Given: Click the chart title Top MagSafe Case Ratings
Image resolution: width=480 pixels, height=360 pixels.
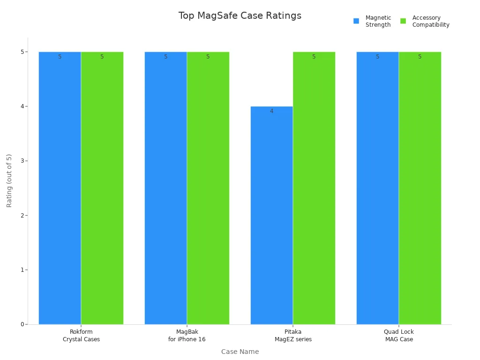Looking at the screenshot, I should coord(240,15).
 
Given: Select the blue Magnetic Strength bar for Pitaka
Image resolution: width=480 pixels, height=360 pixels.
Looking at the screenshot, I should coord(271,216).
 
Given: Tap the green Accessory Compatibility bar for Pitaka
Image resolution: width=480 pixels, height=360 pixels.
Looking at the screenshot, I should coord(314,187).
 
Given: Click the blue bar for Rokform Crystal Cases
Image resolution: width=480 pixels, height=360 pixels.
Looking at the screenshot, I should coord(60,187).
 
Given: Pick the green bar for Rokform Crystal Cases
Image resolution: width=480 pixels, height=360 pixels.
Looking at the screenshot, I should coord(102,187).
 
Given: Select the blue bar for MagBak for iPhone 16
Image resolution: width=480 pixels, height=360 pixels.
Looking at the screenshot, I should coord(165,187).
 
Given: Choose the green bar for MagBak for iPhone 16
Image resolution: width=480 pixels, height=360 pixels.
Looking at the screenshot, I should coord(208,187).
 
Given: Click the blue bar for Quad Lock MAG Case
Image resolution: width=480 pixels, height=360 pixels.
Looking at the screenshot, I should coord(377,187).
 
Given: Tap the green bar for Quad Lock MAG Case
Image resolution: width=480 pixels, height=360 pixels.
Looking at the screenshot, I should coord(420,187).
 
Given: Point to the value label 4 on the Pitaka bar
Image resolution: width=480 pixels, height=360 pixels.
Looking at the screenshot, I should coord(271,112).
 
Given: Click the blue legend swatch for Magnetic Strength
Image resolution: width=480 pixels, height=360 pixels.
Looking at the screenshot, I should coord(356,21).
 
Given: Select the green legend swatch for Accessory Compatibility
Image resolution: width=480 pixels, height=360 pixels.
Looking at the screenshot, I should coord(403,21).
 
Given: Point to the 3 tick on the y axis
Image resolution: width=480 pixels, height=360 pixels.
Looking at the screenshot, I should coord(22,161).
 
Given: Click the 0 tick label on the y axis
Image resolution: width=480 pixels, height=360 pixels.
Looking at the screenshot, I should coord(22,324).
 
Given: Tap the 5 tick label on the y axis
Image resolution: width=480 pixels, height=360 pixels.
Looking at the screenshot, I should coord(22,52).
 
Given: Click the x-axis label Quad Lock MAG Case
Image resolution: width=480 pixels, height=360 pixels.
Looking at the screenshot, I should coord(399,336).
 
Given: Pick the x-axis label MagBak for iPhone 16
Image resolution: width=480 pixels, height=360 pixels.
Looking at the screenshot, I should coord(187,336).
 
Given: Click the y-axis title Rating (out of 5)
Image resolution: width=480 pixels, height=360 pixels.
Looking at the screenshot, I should coord(9,180).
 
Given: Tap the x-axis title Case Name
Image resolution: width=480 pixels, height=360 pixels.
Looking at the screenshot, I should coord(240,352).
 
